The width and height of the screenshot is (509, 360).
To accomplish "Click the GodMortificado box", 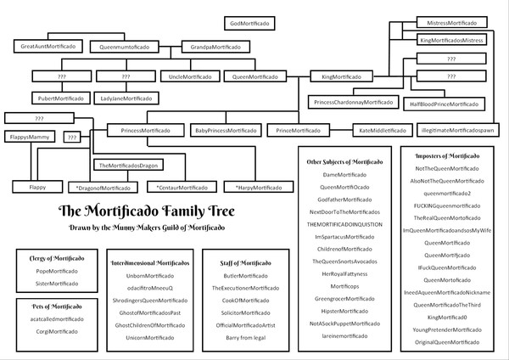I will click(x=249, y=22).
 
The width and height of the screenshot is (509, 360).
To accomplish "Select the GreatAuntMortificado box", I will click(x=48, y=46).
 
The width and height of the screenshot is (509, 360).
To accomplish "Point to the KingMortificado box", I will click(x=341, y=76).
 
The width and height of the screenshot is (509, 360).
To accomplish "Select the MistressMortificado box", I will click(x=451, y=22).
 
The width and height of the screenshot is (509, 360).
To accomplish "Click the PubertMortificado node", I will click(x=59, y=98).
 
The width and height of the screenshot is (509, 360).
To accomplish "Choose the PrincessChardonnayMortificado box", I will click(x=354, y=102).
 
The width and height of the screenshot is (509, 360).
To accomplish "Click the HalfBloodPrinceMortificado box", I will click(x=444, y=104).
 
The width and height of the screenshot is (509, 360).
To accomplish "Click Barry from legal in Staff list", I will click(x=246, y=337).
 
